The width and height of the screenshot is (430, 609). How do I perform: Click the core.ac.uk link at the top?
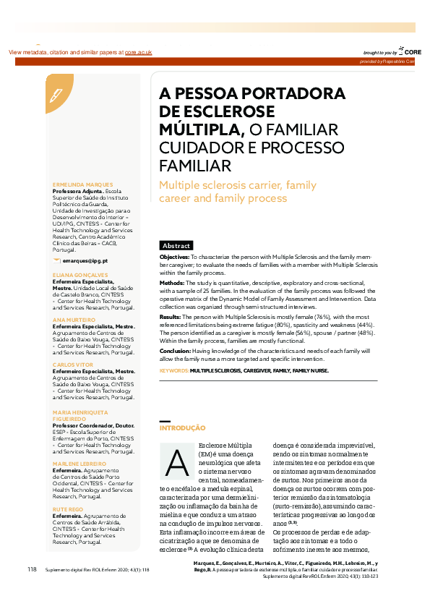138,53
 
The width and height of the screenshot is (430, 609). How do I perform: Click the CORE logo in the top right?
410,52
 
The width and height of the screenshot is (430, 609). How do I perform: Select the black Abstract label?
176,246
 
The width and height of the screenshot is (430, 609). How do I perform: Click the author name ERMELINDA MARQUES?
82,184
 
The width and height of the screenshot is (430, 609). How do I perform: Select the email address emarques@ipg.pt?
85,260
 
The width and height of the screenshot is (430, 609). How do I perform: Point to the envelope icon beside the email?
57,260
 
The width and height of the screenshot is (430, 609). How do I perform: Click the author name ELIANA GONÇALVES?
80,276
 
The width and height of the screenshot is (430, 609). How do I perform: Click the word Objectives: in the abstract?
174,257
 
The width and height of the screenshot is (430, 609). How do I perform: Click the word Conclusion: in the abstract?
176,351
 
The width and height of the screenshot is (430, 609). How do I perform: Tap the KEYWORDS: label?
173,370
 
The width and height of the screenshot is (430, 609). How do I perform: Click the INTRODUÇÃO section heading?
182,428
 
